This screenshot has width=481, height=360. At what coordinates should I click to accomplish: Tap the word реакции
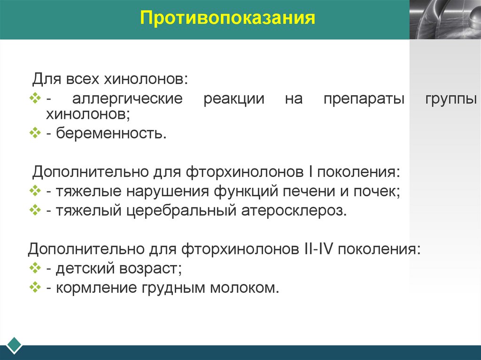tap(234, 100)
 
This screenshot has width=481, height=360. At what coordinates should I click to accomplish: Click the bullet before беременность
tap(36, 133)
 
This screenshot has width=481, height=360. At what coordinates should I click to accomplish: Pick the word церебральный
tap(181, 211)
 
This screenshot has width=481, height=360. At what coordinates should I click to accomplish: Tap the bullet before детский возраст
tap(36, 268)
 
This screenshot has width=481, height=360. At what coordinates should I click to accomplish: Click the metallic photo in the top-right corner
tap(445, 19)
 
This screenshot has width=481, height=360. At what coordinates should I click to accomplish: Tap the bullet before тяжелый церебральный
tap(36, 210)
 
